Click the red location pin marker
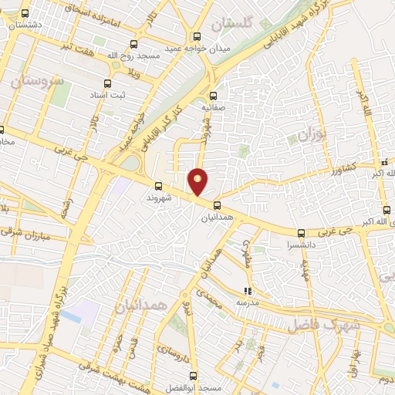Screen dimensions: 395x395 click(198, 181)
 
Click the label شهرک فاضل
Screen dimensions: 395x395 click(319, 325)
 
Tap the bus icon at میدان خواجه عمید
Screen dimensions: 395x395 click(197, 36)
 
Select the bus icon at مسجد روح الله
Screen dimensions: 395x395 click(133, 44)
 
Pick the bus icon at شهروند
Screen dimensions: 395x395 click(158, 186)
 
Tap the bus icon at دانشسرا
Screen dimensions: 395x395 click(301, 233)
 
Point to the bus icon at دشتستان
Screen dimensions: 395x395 click(25, 13)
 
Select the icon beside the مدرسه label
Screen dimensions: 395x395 click(248, 291)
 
